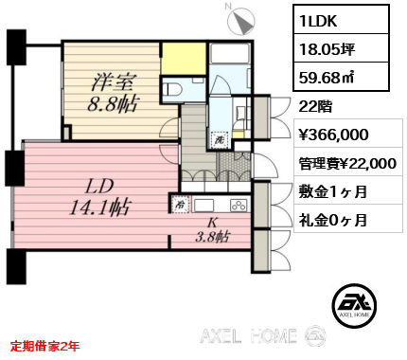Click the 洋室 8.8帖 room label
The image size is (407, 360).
114,93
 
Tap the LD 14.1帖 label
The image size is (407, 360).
99,198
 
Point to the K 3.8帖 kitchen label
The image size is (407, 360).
212,230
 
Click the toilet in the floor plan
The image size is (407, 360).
172,89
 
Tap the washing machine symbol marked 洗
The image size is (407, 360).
220,139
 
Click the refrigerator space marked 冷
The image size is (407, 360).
180,206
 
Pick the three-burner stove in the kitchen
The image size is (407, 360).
239,206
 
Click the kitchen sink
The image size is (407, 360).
203,206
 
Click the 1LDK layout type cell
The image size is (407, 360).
341,20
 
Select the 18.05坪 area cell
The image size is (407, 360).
341,48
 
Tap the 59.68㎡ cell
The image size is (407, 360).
341,77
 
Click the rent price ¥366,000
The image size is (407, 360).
333,135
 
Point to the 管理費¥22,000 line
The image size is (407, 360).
347,164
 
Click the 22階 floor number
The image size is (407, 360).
315,107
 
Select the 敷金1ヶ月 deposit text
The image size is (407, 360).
333,191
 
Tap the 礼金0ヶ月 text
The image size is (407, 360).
333,220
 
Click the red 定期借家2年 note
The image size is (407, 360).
44,346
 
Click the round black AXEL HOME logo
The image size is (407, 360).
354,304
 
